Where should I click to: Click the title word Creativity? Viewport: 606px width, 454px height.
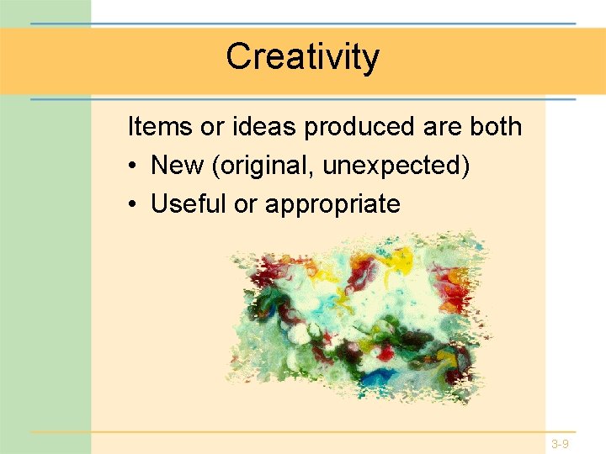point(303,57)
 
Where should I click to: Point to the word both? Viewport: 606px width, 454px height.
point(497,127)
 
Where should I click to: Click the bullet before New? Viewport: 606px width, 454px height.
point(134,166)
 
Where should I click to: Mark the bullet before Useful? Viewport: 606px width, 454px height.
point(134,204)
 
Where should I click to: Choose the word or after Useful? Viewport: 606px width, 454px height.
point(245,204)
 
